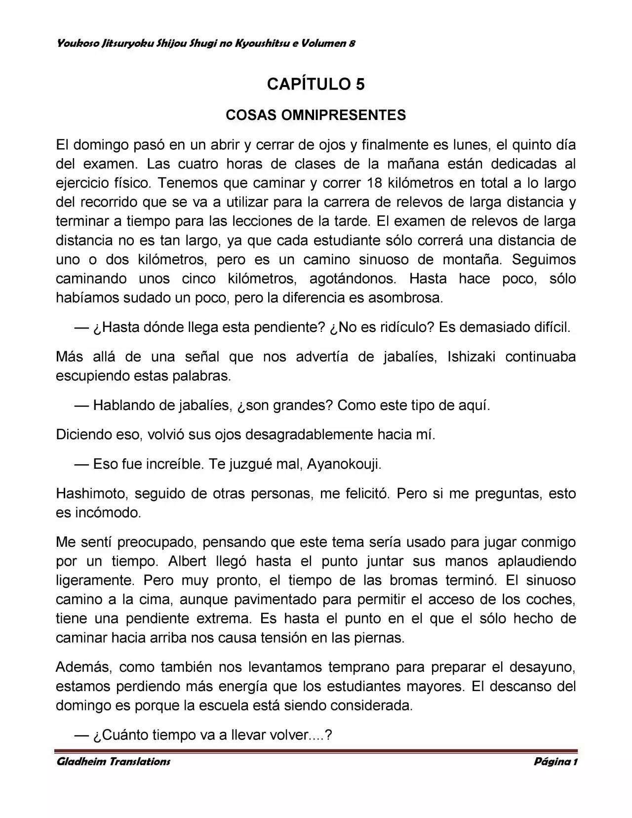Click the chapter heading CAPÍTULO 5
pyautogui.click(x=316, y=84)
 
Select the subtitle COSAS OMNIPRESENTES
pyautogui.click(x=316, y=115)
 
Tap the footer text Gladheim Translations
pyautogui.click(x=114, y=761)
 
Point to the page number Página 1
pyautogui.click(x=555, y=761)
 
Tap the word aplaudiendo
pyautogui.click(x=537, y=561)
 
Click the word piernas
pyautogui.click(x=379, y=638)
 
